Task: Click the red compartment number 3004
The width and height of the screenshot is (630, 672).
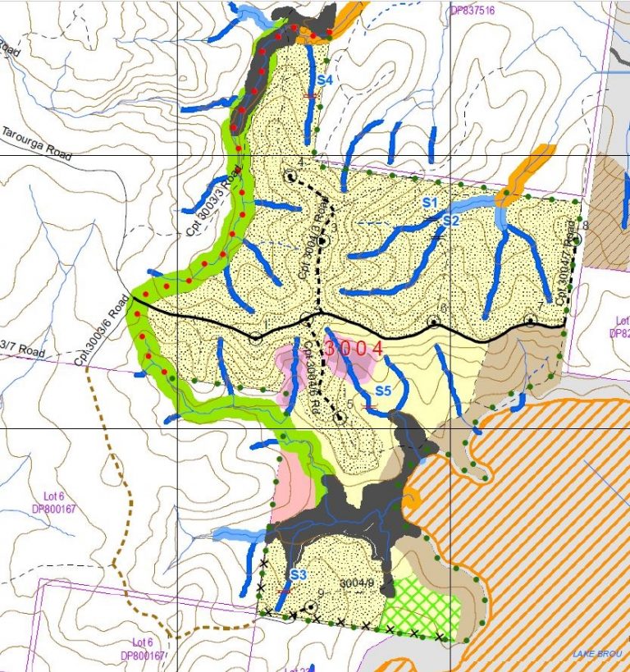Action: pos(354,349)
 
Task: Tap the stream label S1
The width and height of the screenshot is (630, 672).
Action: pos(431,202)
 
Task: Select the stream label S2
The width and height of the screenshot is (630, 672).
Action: pos(450,221)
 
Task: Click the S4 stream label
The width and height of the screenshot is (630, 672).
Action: pos(324,80)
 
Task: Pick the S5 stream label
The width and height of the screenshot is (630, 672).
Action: pos(383,390)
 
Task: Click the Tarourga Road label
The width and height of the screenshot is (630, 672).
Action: pos(36,144)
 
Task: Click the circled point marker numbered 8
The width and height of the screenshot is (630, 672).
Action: pos(577,239)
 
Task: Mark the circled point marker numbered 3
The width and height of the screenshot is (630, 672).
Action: pos(323,241)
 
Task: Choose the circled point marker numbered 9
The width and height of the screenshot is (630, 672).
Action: pos(311,607)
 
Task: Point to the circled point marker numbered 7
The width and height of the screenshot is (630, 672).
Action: pos(531,321)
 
